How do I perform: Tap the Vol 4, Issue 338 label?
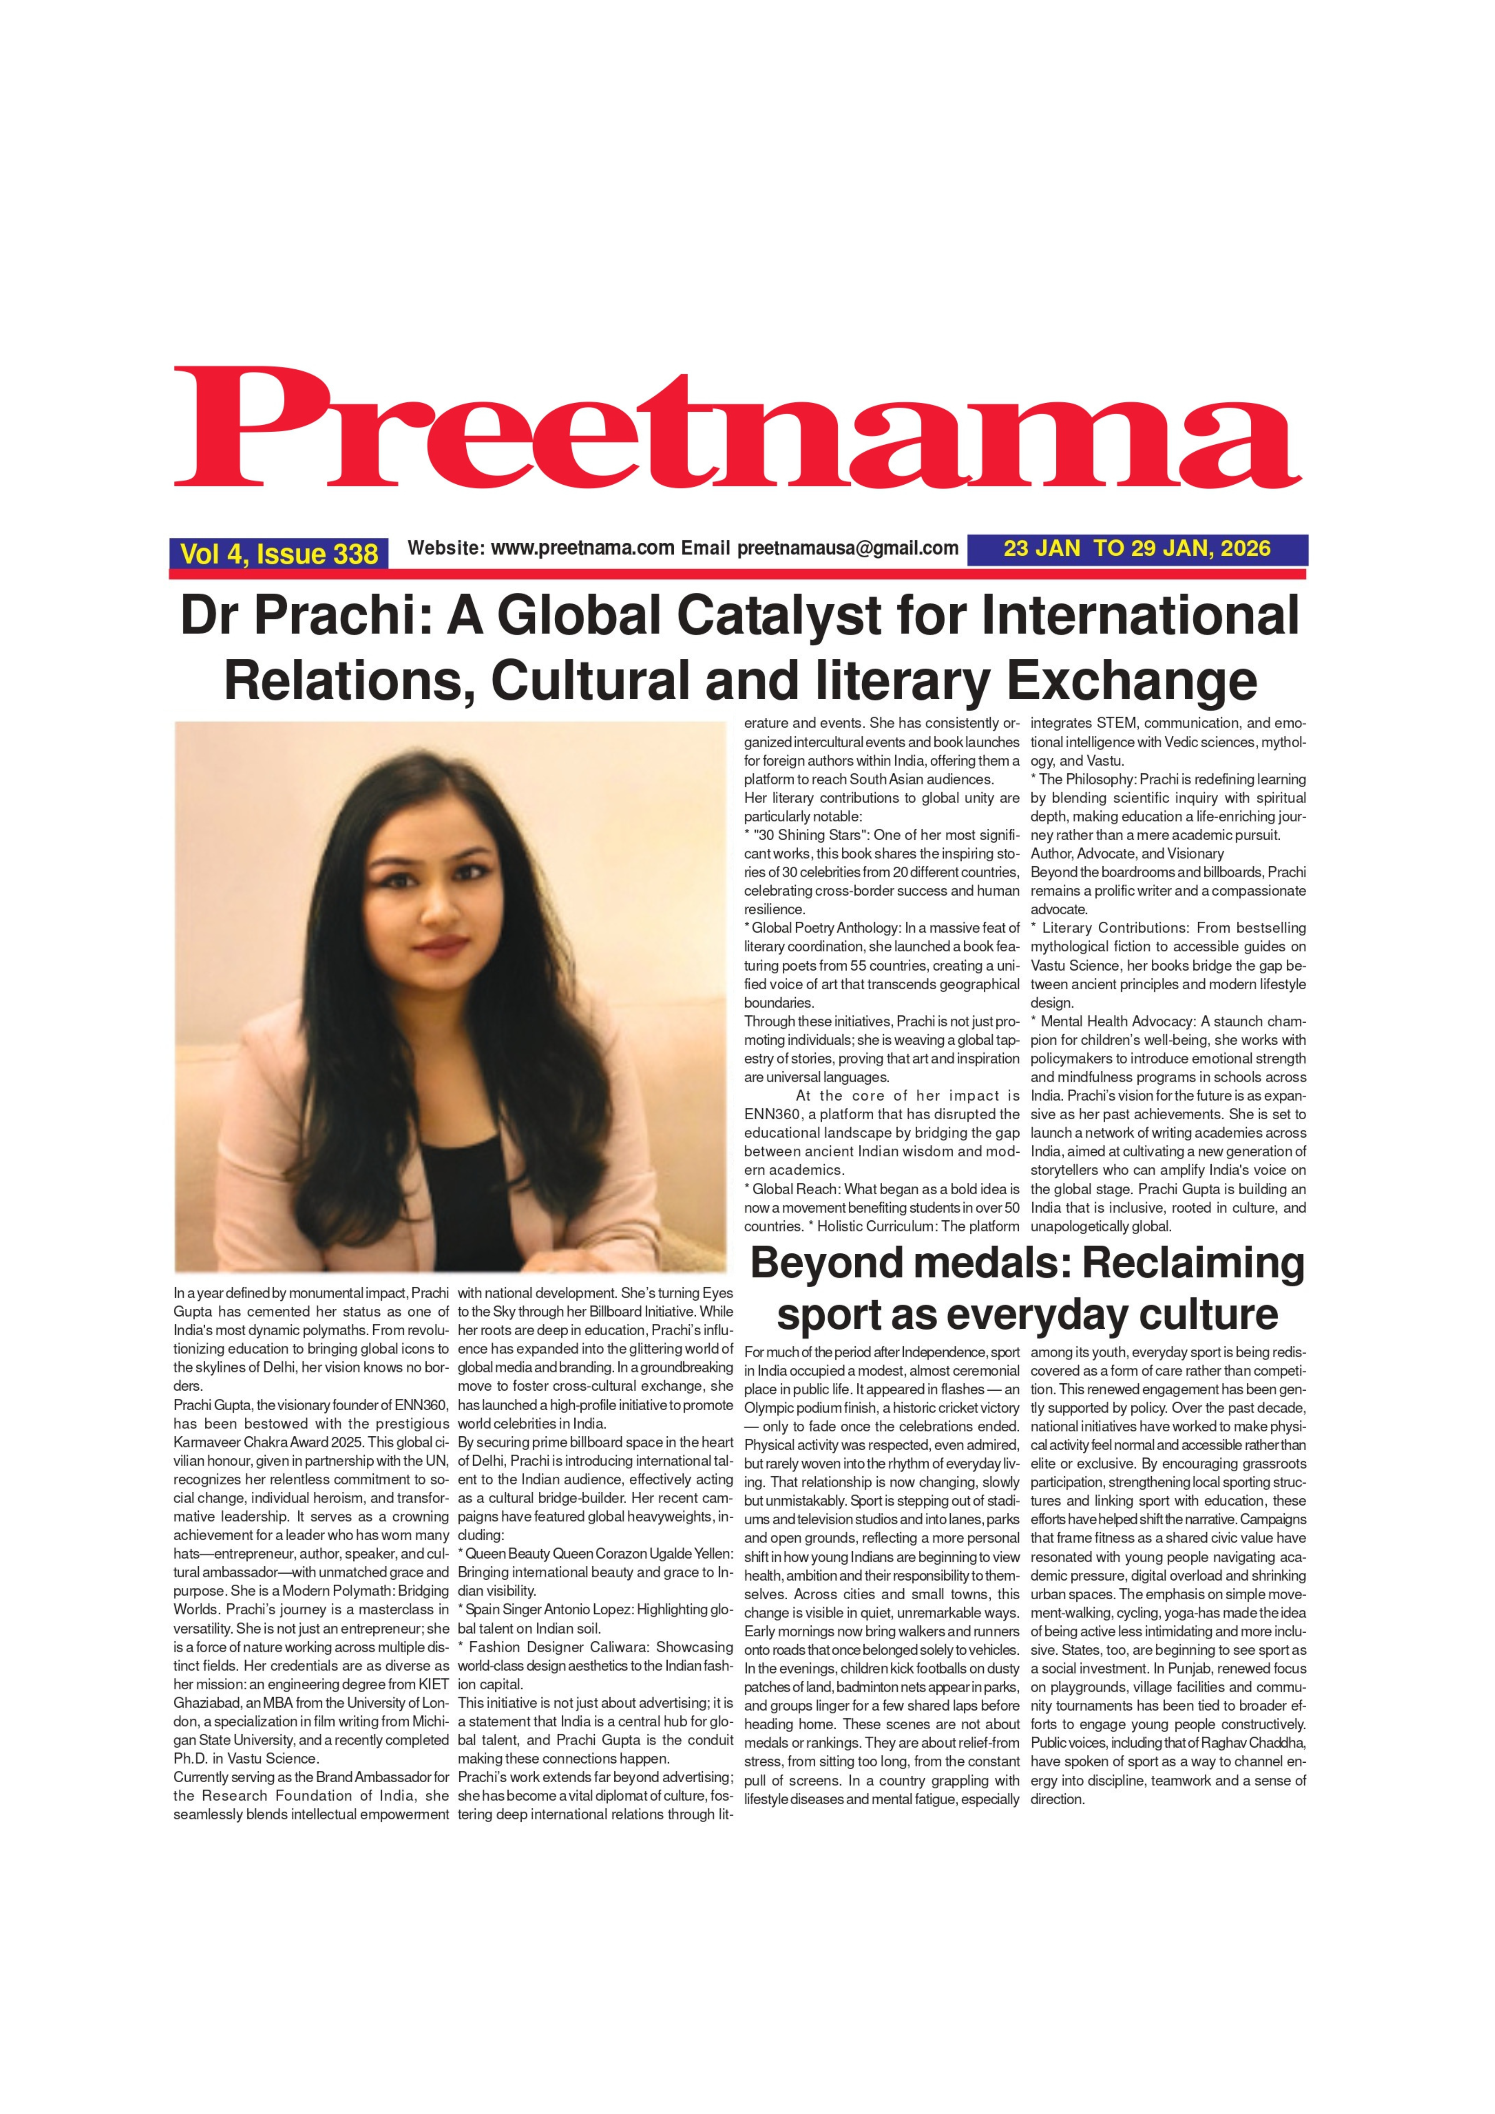(278, 553)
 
